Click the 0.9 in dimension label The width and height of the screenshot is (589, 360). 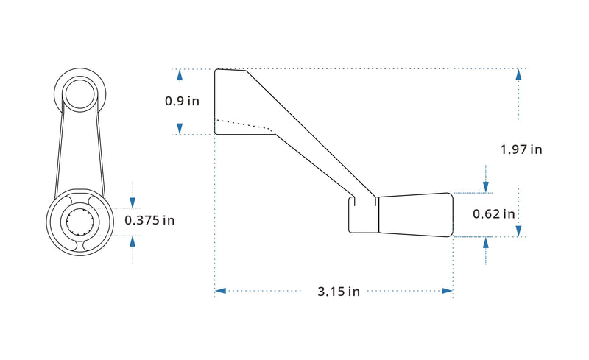(x=182, y=101)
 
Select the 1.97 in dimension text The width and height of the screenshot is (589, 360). (x=521, y=149)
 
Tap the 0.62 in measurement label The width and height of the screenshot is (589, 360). (x=493, y=213)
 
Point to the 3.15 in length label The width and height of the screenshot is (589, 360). (x=339, y=292)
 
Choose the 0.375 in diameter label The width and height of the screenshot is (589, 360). (x=149, y=220)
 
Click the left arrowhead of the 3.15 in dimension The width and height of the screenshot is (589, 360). (x=220, y=291)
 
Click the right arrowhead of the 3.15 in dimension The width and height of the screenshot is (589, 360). (x=448, y=291)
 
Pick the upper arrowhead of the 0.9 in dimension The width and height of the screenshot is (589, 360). (x=180, y=75)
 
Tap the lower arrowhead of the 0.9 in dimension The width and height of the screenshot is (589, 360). (x=180, y=129)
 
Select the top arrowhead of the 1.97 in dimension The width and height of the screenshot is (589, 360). (x=519, y=74)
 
